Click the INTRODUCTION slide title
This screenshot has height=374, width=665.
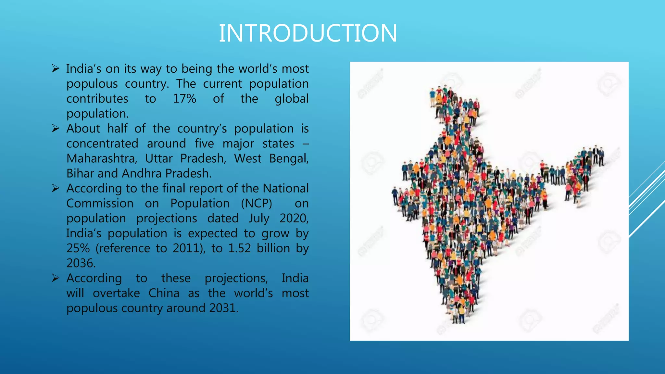pos(308,33)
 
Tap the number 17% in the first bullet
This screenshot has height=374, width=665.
pos(184,99)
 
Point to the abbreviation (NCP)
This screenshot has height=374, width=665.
pos(257,204)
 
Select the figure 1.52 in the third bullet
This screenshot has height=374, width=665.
pos(240,248)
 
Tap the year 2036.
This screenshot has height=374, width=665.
pos(81,263)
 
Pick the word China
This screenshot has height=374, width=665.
pos(164,293)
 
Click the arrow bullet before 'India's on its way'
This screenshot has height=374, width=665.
pos(56,69)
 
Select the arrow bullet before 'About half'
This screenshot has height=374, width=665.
pos(56,129)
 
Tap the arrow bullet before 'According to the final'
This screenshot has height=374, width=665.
pos(56,188)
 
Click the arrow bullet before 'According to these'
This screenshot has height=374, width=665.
pos(56,278)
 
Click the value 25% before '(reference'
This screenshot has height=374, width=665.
pos(78,248)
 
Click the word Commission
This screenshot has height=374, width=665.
pos(100,204)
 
